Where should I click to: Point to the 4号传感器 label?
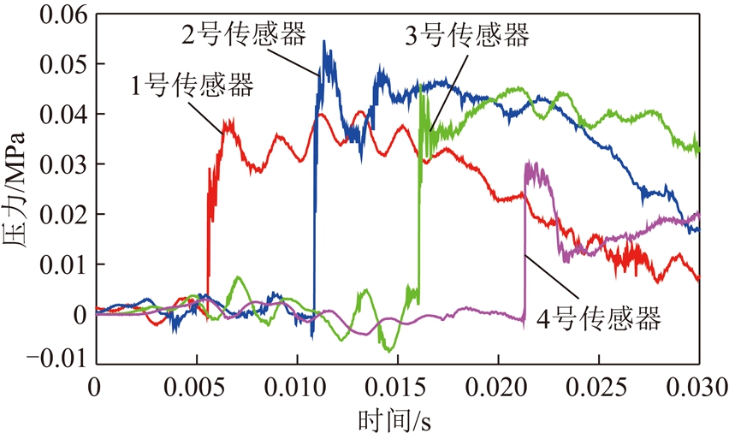(x=599, y=320)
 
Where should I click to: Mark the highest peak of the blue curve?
(x=324, y=41)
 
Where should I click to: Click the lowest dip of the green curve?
(x=388, y=351)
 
